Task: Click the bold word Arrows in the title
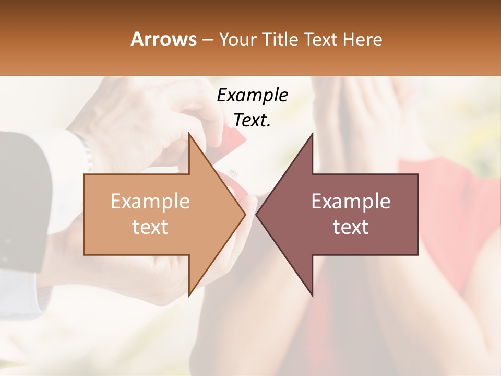coord(163,39)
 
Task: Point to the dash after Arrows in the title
coord(208,40)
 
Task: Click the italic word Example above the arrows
coord(252,96)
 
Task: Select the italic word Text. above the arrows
coord(252,120)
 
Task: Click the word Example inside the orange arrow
coord(150,202)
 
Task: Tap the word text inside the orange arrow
coord(150,227)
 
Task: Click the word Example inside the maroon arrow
coord(351,202)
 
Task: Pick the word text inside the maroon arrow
coord(351,227)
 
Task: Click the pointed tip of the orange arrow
coord(245,214)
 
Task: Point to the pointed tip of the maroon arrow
coord(257,214)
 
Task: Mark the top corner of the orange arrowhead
coord(189,134)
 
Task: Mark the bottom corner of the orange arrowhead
coord(189,295)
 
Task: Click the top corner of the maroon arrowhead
coord(312,134)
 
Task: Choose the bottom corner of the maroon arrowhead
coord(312,295)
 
